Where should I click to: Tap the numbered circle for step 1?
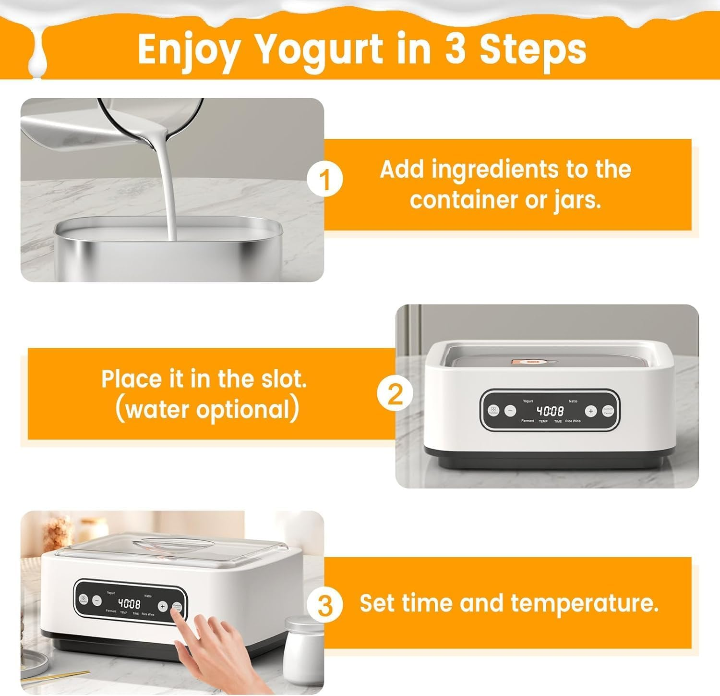coord(325,181)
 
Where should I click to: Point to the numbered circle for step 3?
coord(325,606)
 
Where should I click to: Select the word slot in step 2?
coord(283,379)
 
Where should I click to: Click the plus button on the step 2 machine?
coord(590,411)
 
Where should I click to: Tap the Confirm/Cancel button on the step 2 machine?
coord(608,411)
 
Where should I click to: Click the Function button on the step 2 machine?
coord(493,411)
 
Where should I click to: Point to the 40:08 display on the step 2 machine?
coord(550,411)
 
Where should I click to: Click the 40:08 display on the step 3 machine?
coord(129,604)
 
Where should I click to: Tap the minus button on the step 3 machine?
coord(96,600)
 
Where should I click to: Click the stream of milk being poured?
coord(170,192)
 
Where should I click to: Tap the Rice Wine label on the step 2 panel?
coord(573,421)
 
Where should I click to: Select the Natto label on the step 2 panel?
coord(573,401)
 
